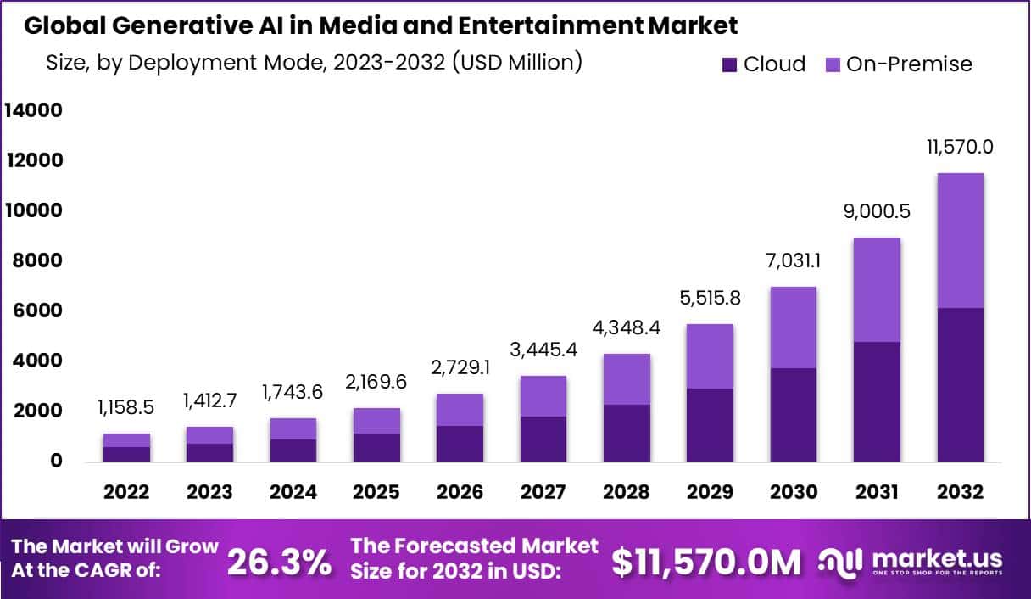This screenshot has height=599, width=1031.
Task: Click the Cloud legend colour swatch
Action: pos(729,64)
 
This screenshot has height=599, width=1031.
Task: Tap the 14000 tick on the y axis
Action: pos(34,110)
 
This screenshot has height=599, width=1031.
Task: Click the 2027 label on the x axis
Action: pos(543,493)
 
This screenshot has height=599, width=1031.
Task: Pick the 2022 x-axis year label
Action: pos(127,493)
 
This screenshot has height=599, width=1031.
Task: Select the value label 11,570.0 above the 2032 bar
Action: pos(960,147)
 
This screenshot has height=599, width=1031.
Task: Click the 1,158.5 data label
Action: pos(127,408)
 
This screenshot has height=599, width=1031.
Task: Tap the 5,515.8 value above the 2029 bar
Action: pos(711,298)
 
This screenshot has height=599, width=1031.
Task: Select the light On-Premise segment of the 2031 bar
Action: pos(877,289)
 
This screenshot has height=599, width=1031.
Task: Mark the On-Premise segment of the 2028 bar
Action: pos(627,379)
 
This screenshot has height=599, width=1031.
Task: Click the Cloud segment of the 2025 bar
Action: pos(376,447)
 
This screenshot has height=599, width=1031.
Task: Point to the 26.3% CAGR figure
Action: pos(280,561)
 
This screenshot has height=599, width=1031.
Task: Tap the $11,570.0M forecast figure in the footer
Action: pos(706,561)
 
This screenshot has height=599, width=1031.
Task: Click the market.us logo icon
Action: pos(840,561)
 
